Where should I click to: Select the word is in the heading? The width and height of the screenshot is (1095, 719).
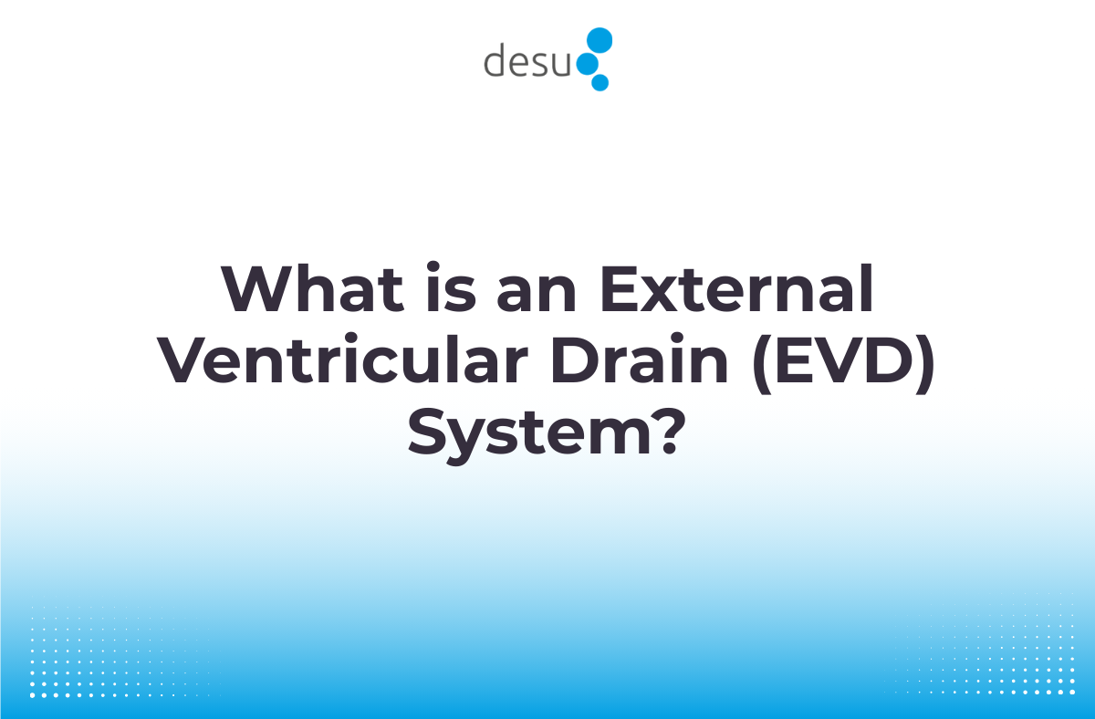pos(430,289)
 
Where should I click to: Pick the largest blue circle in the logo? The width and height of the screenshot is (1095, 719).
pos(600,40)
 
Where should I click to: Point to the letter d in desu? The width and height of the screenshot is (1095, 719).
pos(495,60)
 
